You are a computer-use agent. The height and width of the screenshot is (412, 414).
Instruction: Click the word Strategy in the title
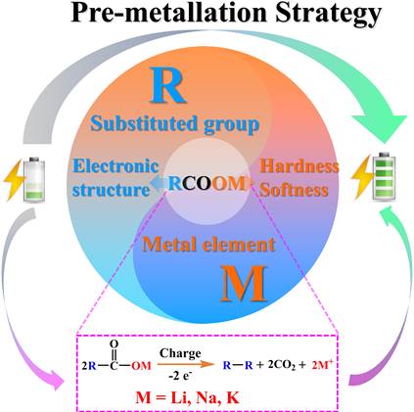tap(328, 14)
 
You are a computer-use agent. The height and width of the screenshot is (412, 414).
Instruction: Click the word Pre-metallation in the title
tap(169, 13)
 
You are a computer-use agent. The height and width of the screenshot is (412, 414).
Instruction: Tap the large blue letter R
tap(168, 85)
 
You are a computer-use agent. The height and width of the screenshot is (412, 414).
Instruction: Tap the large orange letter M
tap(244, 284)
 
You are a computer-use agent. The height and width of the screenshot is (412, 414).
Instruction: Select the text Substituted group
tap(175, 124)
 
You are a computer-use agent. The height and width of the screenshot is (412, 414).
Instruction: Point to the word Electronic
tap(115, 165)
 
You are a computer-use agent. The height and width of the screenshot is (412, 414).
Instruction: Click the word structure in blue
tap(111, 190)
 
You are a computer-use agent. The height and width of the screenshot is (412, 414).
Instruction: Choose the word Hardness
tap(299, 166)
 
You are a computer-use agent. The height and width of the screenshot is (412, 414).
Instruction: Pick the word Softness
tap(294, 190)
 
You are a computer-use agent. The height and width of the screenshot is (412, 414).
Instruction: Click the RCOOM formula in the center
tap(207, 183)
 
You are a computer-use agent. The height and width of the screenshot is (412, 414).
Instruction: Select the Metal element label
tap(208, 244)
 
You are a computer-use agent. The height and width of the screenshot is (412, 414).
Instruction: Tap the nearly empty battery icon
tap(34, 179)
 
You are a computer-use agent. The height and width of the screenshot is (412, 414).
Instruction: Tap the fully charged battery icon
tap(385, 176)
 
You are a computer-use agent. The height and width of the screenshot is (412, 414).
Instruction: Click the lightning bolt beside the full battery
tap(362, 177)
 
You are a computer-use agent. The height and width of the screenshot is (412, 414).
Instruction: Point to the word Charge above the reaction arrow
tap(180, 353)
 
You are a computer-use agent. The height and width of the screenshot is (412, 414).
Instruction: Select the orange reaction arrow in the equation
tap(185, 364)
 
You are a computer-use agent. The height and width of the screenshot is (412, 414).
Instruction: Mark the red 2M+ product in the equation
tap(322, 365)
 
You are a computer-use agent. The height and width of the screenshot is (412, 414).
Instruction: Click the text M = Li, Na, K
tap(187, 397)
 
